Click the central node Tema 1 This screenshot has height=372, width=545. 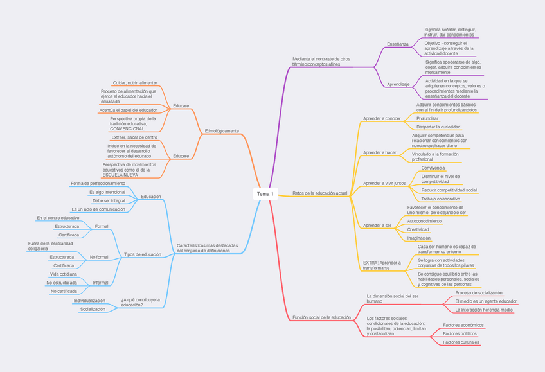265,194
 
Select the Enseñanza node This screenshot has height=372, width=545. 398,44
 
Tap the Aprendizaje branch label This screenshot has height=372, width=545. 398,84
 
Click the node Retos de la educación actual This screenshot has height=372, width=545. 319,193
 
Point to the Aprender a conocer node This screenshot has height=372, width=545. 382,118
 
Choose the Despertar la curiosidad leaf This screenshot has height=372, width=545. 439,127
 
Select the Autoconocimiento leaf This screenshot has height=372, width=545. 424,221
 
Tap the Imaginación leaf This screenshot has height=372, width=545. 419,238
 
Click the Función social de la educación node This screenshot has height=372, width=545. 321,317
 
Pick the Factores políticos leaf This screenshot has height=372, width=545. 460,334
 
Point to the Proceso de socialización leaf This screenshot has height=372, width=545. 479,293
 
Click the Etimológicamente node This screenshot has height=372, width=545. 221,131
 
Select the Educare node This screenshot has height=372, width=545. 181,105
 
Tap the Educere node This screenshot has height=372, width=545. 181,156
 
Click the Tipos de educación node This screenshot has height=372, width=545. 142,254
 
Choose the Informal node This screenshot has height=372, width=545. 100,283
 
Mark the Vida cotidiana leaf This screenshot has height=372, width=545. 64,274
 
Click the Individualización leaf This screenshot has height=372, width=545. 89,301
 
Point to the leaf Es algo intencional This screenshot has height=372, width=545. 107,192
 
